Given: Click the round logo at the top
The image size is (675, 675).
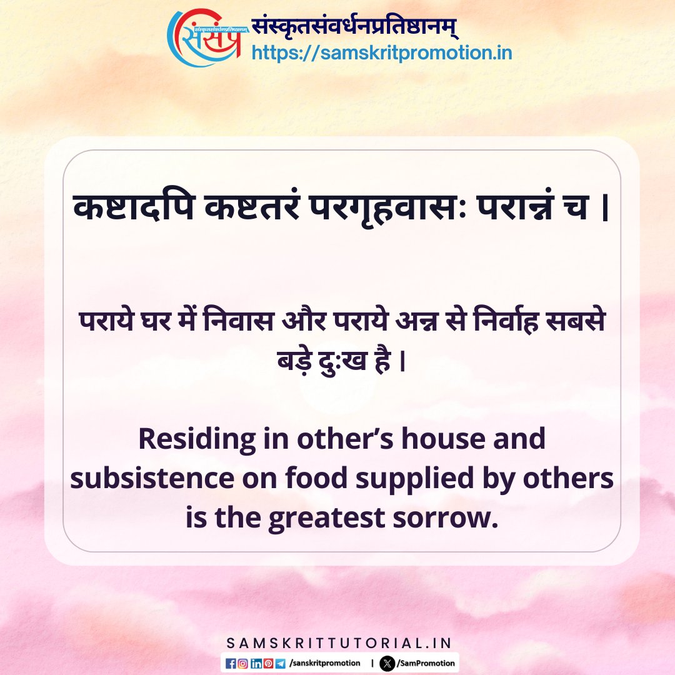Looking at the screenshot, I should coord(204,37).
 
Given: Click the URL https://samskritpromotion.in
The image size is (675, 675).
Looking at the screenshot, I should coord(381,53).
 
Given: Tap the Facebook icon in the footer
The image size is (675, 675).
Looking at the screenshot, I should coord(231,662).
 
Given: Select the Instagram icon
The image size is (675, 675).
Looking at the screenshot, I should coord(242,662).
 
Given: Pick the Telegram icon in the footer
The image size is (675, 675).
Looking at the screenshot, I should coord(279,662).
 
